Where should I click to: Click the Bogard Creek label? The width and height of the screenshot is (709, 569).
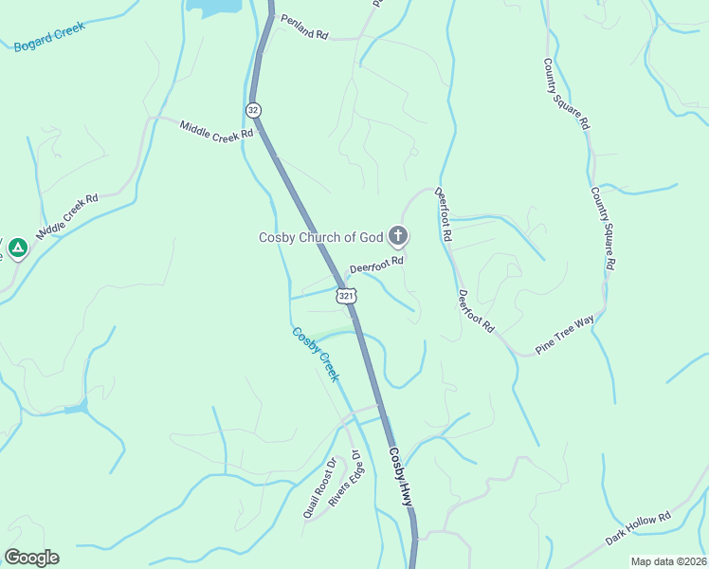click(x=50, y=36)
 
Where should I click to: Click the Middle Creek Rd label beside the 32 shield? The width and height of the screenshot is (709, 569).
click(x=217, y=129)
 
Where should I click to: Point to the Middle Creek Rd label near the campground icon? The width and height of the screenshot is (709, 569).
click(x=67, y=217)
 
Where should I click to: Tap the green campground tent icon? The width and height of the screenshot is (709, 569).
click(x=17, y=248)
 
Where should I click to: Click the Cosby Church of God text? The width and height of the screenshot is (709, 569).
click(x=320, y=237)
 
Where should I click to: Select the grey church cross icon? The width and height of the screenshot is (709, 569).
click(x=399, y=235)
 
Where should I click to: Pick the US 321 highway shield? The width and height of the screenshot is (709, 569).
click(x=346, y=297)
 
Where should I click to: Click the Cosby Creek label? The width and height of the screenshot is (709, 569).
click(x=316, y=354)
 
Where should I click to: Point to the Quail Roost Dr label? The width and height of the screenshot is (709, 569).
click(x=319, y=488)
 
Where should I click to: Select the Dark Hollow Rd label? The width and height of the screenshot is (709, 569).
click(x=639, y=528)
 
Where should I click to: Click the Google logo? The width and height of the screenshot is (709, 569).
click(x=31, y=558)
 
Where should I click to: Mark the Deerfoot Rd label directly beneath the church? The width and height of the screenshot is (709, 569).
click(x=376, y=266)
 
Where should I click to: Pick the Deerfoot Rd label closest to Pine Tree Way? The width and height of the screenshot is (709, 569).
click(x=476, y=310)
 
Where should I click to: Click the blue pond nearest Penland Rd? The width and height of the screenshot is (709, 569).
click(x=216, y=7)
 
